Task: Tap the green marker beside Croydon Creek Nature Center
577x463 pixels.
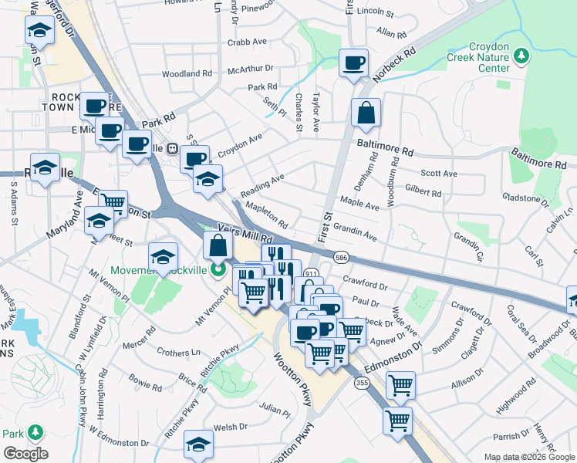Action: pyautogui.click(x=522, y=56)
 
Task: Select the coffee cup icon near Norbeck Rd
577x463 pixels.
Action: pyautogui.click(x=354, y=63)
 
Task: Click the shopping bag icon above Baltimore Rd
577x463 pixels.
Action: pyautogui.click(x=366, y=113)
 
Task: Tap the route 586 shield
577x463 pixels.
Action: pyautogui.click(x=339, y=256)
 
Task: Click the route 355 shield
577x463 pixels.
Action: pyautogui.click(x=361, y=383)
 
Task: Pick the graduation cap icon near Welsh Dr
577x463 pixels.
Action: pyautogui.click(x=198, y=444)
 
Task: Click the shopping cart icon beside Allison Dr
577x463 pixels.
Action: pyautogui.click(x=400, y=384)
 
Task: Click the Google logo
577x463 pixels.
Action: pyautogui.click(x=25, y=453)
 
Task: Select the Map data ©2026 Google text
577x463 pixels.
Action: pyautogui.click(x=529, y=457)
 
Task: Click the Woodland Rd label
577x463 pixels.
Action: pyautogui.click(x=187, y=74)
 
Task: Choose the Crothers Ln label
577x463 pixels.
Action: pyautogui.click(x=178, y=352)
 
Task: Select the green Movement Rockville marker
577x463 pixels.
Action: pyautogui.click(x=219, y=270)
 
